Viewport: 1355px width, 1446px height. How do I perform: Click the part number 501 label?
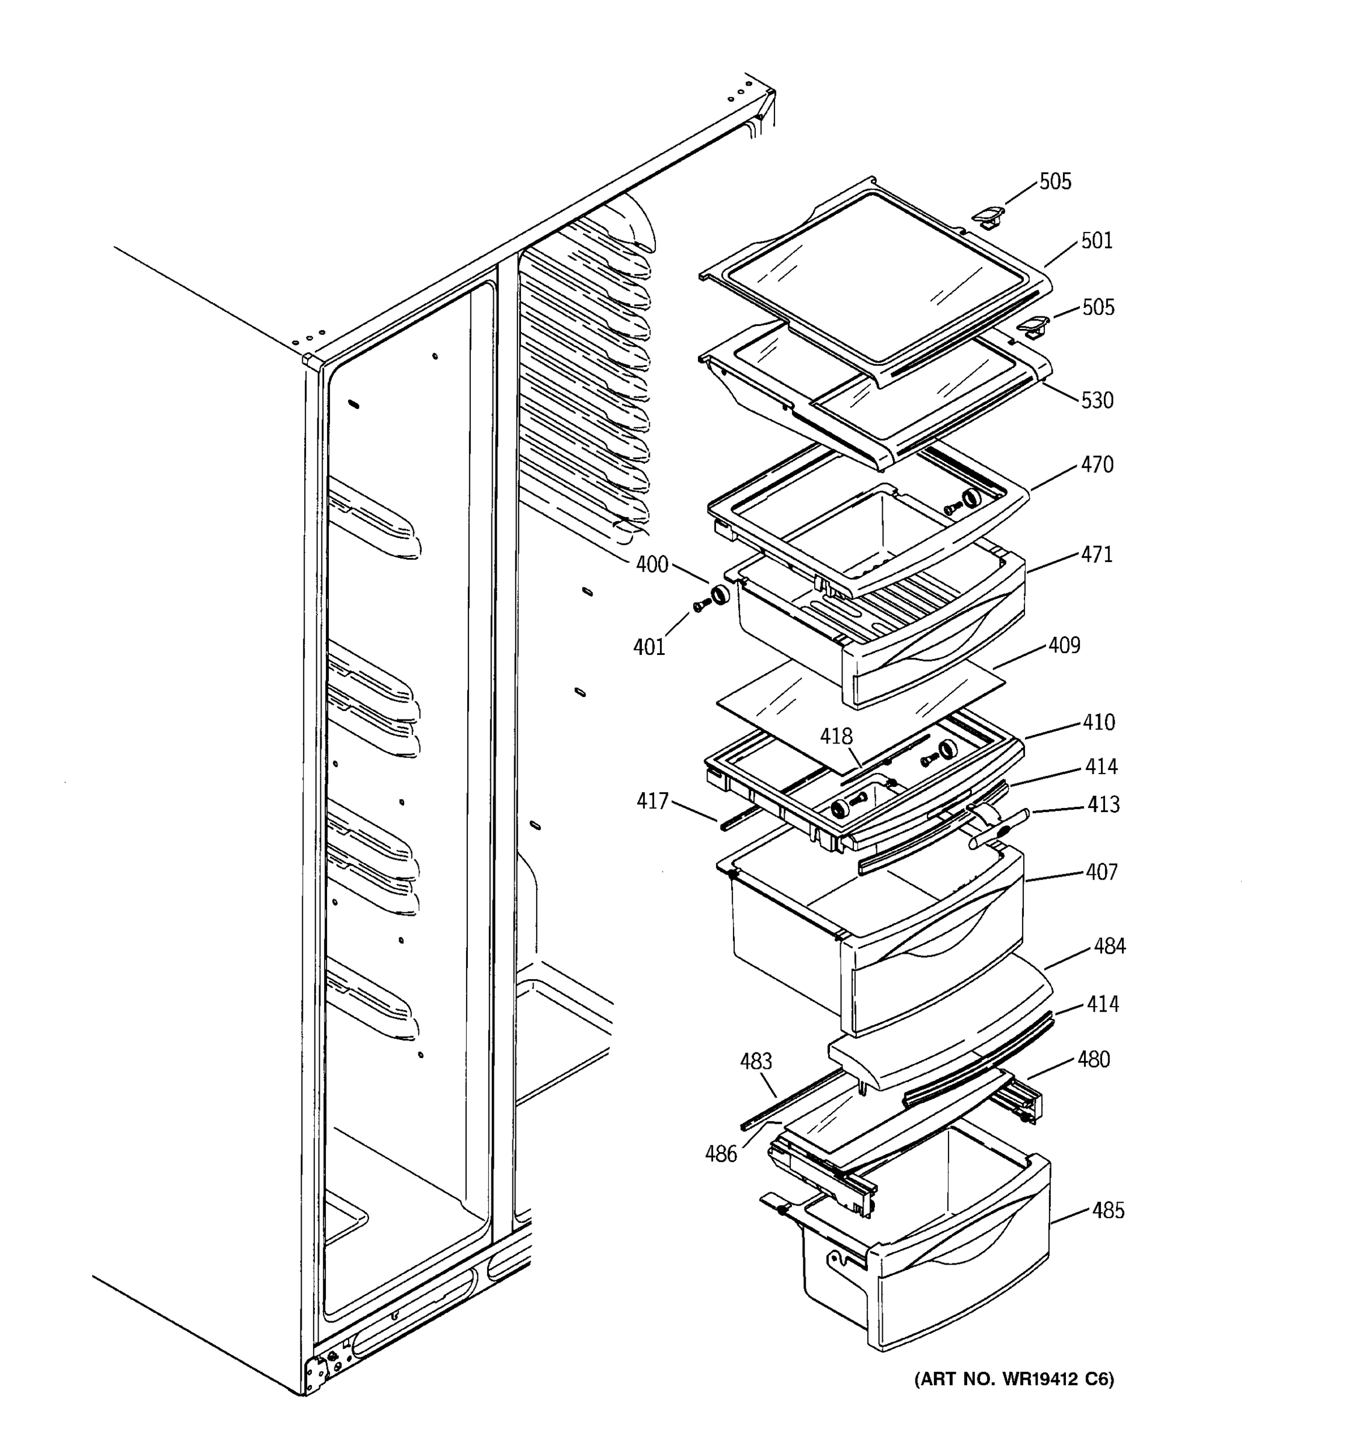[1096, 241]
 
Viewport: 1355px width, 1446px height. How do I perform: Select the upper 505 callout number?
[1054, 182]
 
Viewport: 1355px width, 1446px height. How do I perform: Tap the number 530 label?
[1097, 400]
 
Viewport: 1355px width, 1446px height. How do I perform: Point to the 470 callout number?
[1096, 465]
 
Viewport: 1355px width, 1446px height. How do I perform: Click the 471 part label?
[1096, 555]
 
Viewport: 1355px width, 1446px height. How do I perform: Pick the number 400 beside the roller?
[652, 565]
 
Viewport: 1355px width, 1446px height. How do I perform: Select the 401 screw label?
[649, 646]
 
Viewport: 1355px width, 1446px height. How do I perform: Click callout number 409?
[1064, 646]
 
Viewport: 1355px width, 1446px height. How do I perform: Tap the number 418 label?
[836, 736]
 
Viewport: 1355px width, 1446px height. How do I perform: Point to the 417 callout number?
[652, 801]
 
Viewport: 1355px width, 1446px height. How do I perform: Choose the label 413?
[1103, 804]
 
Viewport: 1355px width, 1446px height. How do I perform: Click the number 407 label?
[1101, 872]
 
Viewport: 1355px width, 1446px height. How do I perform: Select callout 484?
[1109, 947]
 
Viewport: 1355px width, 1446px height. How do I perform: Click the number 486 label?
[720, 1154]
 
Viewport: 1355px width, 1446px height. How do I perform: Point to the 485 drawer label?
[1107, 1210]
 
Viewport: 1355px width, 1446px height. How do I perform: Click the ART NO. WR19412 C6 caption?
[1014, 1379]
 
